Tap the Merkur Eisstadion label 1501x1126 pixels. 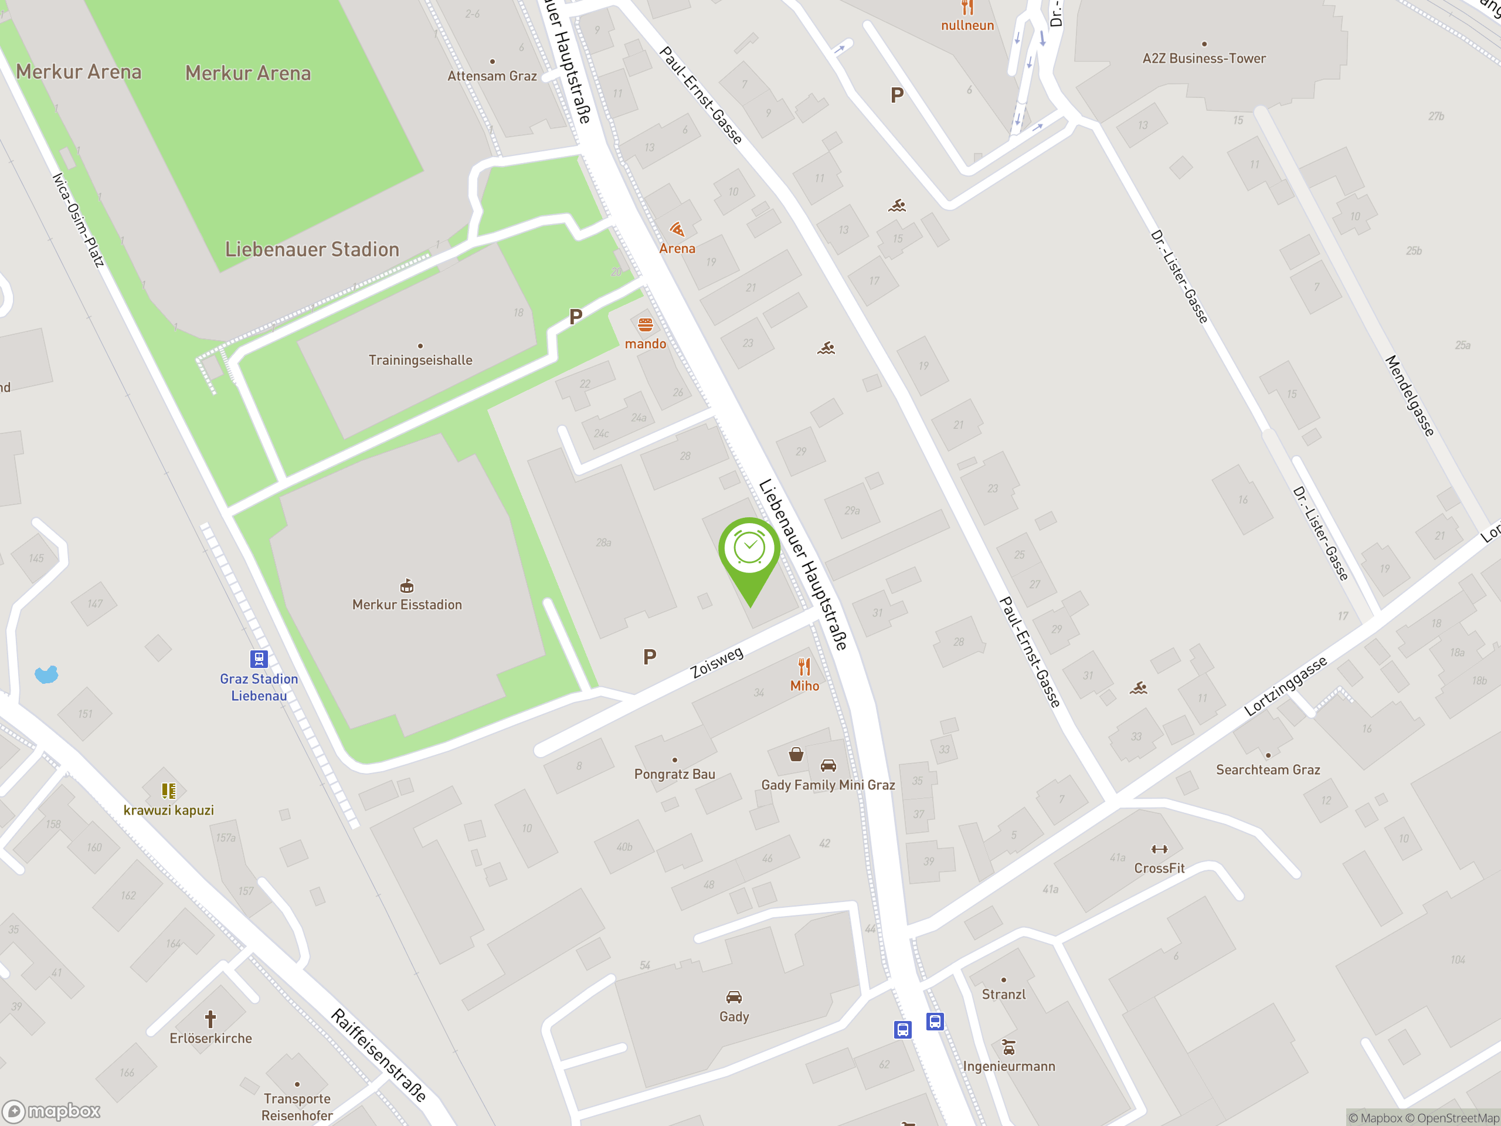click(x=406, y=604)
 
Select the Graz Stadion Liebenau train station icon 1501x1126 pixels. click(x=259, y=659)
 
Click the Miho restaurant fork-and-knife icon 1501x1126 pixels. click(x=804, y=666)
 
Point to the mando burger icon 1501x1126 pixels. click(x=646, y=324)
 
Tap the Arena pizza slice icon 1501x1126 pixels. click(x=677, y=229)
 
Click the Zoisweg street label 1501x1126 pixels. click(x=716, y=663)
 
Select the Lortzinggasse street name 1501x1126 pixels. click(x=1285, y=686)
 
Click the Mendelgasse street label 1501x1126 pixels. click(x=1410, y=396)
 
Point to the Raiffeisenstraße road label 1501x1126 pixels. click(x=379, y=1054)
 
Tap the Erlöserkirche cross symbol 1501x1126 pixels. click(x=210, y=1019)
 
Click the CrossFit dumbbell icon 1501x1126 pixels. click(x=1159, y=849)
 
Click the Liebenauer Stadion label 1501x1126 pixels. click(x=312, y=249)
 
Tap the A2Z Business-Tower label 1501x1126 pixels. click(x=1204, y=59)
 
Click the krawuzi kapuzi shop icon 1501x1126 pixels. click(x=168, y=791)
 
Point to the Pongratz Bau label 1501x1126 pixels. click(x=674, y=774)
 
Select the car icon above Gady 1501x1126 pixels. click(x=733, y=997)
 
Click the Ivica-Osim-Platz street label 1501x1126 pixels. click(x=79, y=219)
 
